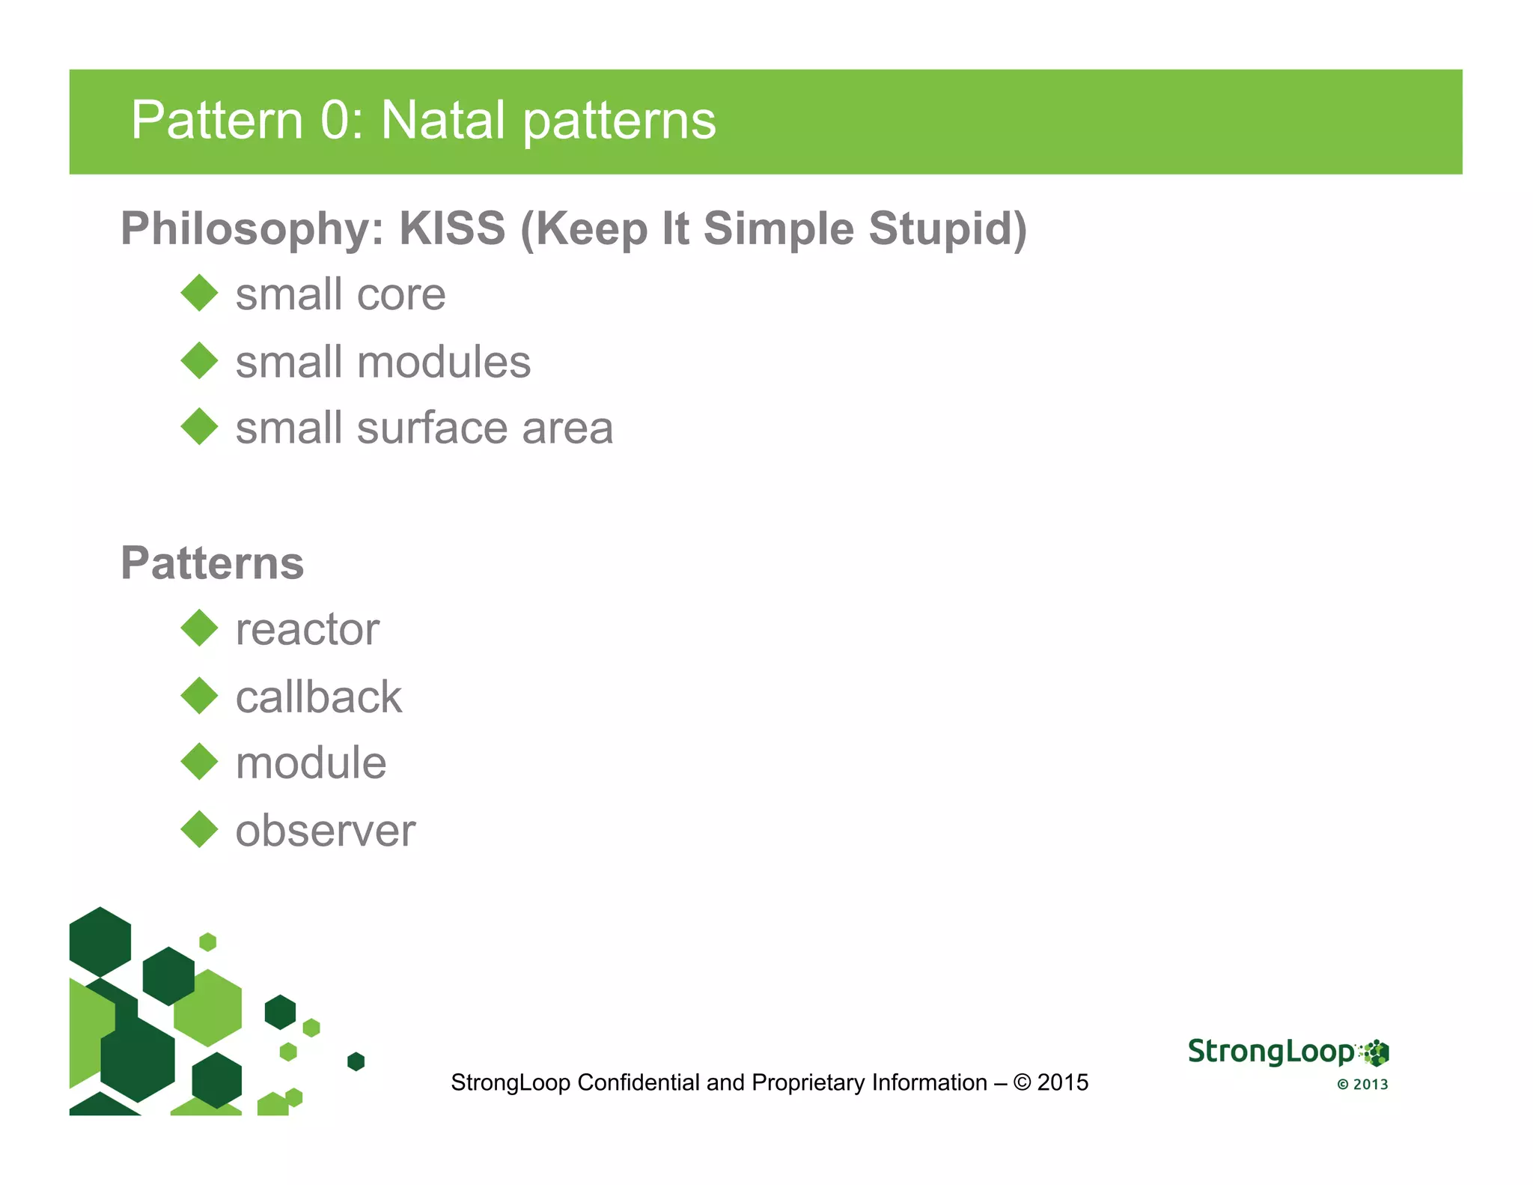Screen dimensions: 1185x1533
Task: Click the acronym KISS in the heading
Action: (x=452, y=228)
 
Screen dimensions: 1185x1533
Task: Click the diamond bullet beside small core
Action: (x=199, y=293)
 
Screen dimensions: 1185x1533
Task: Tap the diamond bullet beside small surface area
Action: (x=199, y=426)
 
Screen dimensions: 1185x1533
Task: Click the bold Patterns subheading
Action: (x=212, y=563)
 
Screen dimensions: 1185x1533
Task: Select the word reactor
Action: (x=307, y=629)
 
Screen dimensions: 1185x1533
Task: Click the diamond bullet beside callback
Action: (x=199, y=696)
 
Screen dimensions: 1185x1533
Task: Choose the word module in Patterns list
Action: (x=311, y=763)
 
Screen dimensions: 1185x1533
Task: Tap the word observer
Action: (x=325, y=831)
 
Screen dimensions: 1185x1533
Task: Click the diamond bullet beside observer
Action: (x=199, y=829)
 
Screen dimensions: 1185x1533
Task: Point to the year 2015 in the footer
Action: (x=1062, y=1082)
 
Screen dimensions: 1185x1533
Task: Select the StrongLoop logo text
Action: (x=1270, y=1052)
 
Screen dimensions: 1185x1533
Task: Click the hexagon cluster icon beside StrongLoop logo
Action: (x=1375, y=1052)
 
